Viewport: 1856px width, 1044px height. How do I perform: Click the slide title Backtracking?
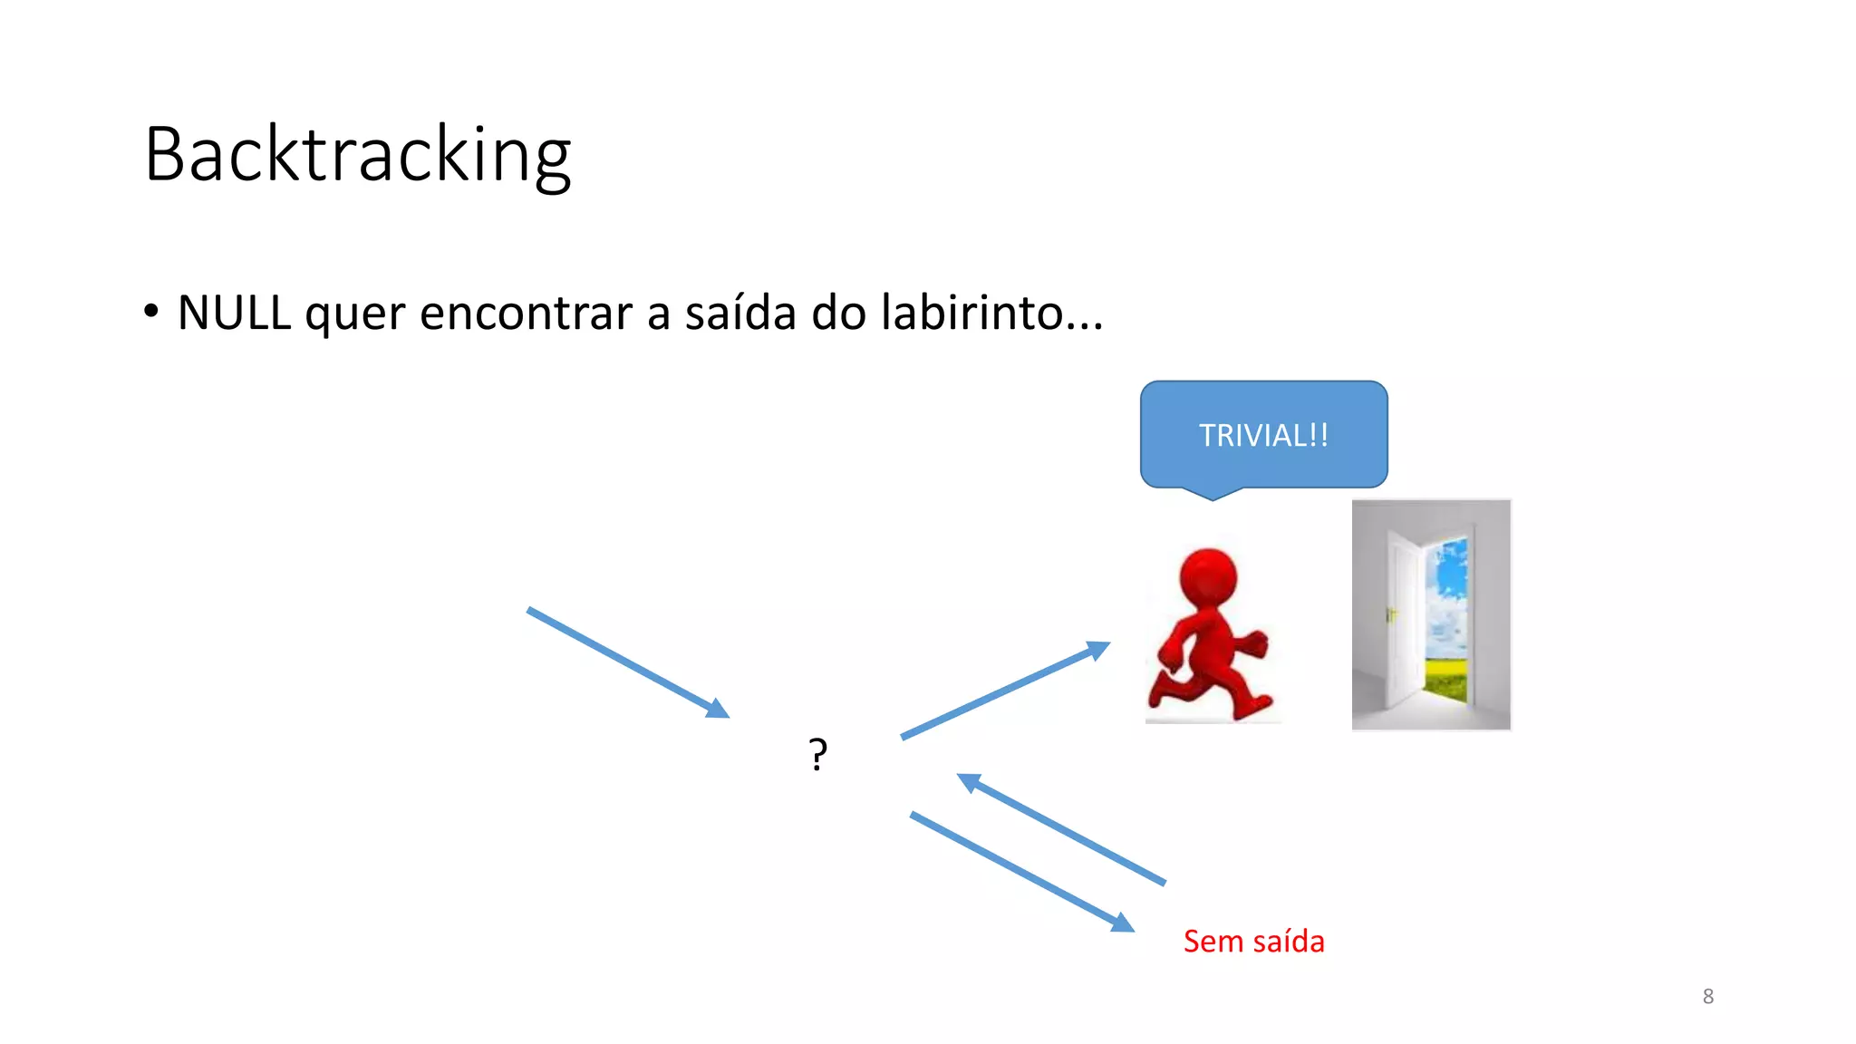[x=358, y=155]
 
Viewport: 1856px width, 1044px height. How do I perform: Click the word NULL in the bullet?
[x=234, y=314]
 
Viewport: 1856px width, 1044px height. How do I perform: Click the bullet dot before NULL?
[x=151, y=311]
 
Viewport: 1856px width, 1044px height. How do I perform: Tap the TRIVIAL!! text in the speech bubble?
[x=1263, y=436]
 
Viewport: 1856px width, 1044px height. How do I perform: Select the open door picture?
[x=1431, y=614]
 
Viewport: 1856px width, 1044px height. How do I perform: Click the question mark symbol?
[x=817, y=754]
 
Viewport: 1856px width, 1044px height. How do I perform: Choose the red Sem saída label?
[x=1253, y=942]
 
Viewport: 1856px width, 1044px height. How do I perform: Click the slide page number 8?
[x=1707, y=997]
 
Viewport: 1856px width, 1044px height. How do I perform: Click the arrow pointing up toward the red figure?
[x=1005, y=691]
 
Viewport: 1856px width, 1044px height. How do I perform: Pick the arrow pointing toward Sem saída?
[x=1022, y=871]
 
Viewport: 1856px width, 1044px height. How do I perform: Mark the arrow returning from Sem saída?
[x=1061, y=828]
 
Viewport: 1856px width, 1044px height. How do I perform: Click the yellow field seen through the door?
[x=1446, y=679]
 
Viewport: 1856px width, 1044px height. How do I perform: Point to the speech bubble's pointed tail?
[x=1213, y=493]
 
